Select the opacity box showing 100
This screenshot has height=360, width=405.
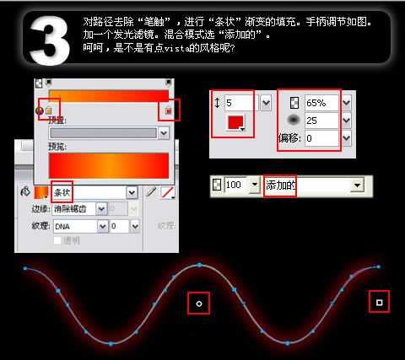click(235, 185)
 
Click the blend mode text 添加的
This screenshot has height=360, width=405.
click(281, 185)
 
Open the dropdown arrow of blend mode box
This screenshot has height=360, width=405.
click(357, 185)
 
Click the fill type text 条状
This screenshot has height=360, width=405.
click(62, 192)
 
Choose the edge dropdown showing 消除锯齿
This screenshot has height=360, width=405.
click(78, 209)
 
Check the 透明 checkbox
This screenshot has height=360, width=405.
click(57, 240)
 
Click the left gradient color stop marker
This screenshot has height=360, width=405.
click(48, 110)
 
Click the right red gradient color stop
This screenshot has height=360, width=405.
click(169, 110)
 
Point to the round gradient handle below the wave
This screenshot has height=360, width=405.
click(198, 302)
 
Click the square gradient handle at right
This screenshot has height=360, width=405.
click(379, 301)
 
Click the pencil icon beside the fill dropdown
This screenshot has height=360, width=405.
click(152, 192)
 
